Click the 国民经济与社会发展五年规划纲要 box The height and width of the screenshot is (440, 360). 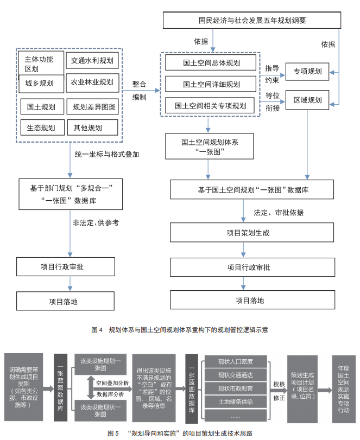coord(252,21)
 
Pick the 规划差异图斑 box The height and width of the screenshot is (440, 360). coord(92,106)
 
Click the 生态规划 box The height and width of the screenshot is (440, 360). coord(41,128)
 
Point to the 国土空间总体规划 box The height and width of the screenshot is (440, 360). coord(211,63)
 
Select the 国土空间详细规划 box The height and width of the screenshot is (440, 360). coord(211,84)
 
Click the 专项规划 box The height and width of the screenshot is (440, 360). coord(308,71)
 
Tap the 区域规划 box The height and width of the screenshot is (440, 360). coord(308,100)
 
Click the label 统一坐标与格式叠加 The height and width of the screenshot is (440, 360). coord(106,154)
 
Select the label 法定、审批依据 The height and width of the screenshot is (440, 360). coord(279,212)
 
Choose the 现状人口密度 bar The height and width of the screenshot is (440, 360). coord(236,361)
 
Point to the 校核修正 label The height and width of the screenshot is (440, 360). coord(279,388)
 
